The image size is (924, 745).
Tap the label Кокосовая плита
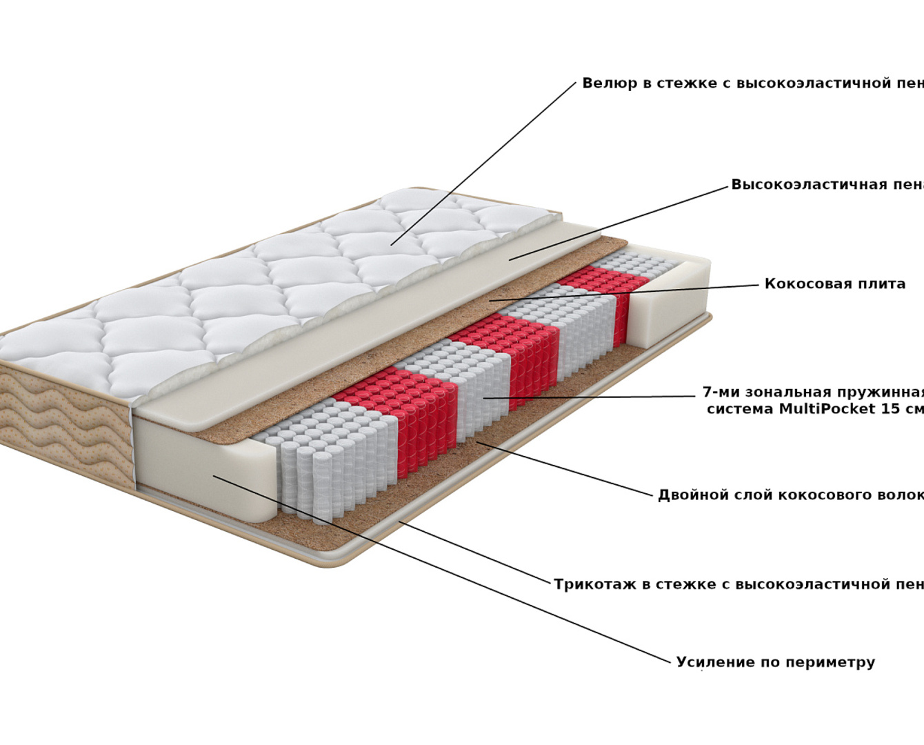tap(834, 284)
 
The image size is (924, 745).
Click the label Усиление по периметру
tap(775, 663)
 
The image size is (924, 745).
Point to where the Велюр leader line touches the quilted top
tap(392, 244)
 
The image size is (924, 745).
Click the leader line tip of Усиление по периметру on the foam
tap(214, 475)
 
